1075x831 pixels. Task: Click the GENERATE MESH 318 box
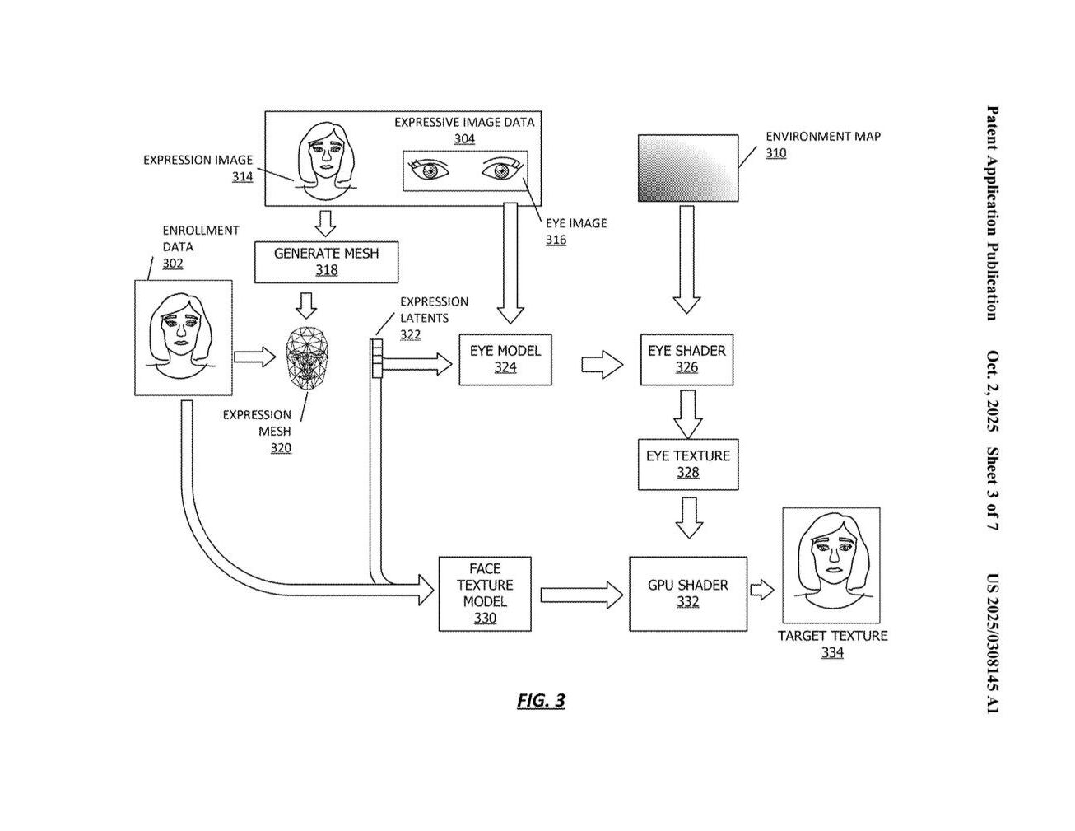(x=326, y=262)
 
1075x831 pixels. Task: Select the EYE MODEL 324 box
(x=505, y=359)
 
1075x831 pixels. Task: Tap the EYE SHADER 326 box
(x=686, y=359)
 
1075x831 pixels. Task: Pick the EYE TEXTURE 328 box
(x=687, y=464)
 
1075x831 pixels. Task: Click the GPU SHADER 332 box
(x=687, y=593)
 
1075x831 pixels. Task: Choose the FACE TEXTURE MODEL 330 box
(x=484, y=593)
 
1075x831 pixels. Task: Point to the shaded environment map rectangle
(x=687, y=168)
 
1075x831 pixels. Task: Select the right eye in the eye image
(x=500, y=170)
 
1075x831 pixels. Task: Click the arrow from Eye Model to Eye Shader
(x=602, y=364)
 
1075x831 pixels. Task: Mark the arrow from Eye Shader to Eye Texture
(x=687, y=413)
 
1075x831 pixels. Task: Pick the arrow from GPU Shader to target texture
(x=762, y=589)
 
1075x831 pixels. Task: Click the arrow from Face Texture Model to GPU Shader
(x=581, y=594)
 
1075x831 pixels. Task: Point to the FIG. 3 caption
(x=541, y=701)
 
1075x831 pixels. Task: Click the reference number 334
(x=832, y=653)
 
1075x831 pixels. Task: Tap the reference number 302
(x=173, y=264)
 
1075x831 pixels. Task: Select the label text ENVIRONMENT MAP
(x=822, y=137)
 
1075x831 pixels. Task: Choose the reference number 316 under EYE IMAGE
(x=556, y=240)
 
